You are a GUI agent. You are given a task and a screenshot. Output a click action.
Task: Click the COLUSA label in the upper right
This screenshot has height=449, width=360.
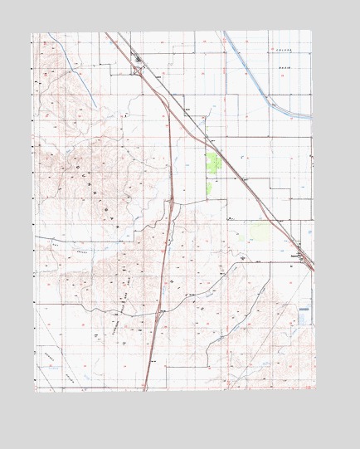(286, 51)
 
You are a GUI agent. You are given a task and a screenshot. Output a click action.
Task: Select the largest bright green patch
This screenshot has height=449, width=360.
(213, 163)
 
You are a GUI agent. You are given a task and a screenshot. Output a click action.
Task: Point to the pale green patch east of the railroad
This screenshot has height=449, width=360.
(259, 230)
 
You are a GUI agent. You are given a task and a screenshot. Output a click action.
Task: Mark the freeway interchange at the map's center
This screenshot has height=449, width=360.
(170, 200)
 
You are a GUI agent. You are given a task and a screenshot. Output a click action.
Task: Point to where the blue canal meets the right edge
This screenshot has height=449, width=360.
(312, 115)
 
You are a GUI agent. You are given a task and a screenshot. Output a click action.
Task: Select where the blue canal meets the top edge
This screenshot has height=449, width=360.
(224, 32)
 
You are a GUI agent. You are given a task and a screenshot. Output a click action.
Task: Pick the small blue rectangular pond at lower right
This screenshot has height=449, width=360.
(304, 315)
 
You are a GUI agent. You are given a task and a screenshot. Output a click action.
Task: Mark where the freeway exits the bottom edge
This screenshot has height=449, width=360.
(144, 389)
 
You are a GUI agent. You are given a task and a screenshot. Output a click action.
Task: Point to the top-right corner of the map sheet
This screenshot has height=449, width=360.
(314, 32)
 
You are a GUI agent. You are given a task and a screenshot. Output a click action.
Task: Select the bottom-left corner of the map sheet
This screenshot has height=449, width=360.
(35, 390)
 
